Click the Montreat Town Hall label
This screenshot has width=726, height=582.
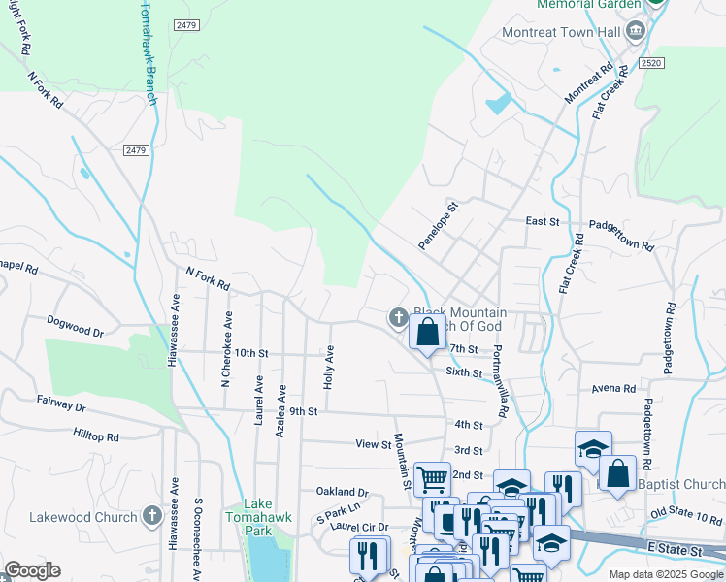(561, 31)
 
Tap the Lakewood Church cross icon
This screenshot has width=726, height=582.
(151, 516)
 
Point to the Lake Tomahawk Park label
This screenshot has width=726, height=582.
(257, 517)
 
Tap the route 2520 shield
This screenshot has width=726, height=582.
(650, 62)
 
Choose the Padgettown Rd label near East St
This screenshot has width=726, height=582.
(621, 234)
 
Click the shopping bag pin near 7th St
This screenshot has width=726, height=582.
(427, 333)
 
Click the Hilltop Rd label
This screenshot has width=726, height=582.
(95, 437)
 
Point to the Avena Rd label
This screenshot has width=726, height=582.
(612, 389)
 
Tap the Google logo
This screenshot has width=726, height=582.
(32, 570)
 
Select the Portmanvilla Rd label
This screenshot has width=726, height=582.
(500, 381)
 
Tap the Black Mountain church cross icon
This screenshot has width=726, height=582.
(398, 316)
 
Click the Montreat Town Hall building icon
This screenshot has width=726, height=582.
(635, 31)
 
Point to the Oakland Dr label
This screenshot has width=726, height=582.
(343, 492)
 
